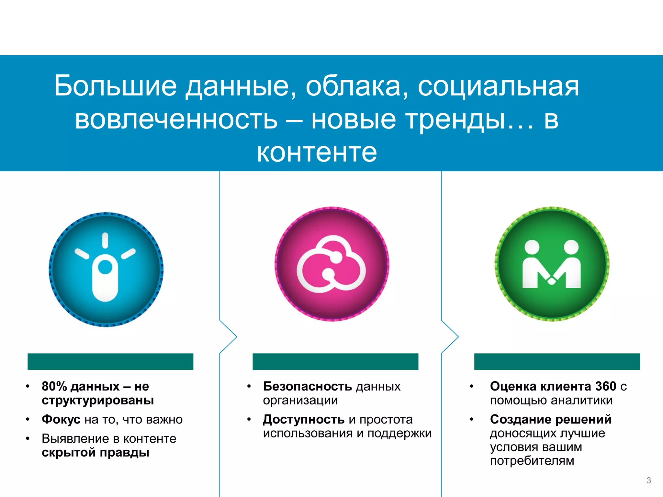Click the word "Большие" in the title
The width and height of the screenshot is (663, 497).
115,86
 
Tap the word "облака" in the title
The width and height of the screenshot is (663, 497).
353,86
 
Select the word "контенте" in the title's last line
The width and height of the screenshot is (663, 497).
317,152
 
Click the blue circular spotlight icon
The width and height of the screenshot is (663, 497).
106,269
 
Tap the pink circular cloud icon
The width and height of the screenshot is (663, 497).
332,264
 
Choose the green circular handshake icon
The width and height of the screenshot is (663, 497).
552,264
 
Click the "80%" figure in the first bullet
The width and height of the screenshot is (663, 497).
54,386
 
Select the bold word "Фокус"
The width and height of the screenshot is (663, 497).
61,419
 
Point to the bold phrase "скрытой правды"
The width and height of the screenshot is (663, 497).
96,452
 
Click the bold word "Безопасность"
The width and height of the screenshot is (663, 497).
307,386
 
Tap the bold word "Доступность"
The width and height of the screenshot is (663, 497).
304,419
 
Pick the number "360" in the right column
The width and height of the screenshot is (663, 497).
605,386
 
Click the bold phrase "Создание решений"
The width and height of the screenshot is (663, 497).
551,419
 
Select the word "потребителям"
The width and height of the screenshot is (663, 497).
532,460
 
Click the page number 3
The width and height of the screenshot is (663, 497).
648,480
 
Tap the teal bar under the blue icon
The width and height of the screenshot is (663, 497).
110,361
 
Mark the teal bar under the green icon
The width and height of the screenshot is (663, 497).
557,361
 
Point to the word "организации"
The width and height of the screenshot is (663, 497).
300,401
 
